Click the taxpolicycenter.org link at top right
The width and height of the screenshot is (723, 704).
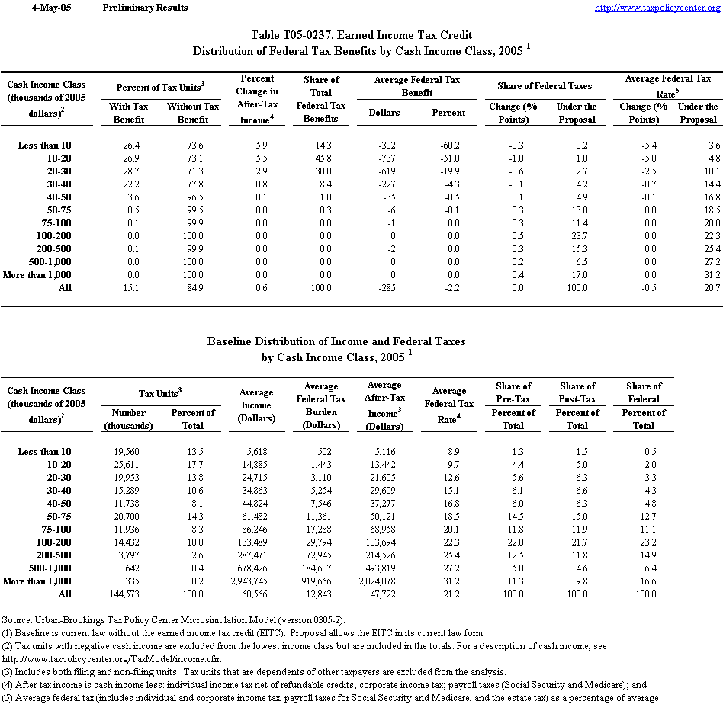pyautogui.click(x=656, y=8)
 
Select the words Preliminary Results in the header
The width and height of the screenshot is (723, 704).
pyautogui.click(x=145, y=8)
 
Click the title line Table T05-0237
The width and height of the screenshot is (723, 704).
pyautogui.click(x=361, y=35)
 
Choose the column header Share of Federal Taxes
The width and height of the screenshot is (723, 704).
pyautogui.click(x=544, y=86)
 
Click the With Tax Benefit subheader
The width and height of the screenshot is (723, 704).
pyautogui.click(x=129, y=113)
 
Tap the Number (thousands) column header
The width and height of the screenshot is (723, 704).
pyautogui.click(x=127, y=419)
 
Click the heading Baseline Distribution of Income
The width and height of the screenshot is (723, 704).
pyautogui.click(x=336, y=341)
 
